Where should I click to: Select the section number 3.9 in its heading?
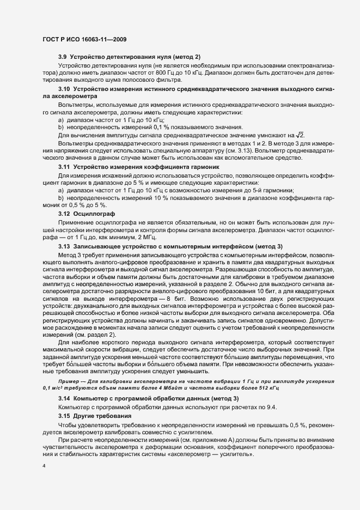(x=63, y=57)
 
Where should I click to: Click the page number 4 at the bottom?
(x=44, y=465)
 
